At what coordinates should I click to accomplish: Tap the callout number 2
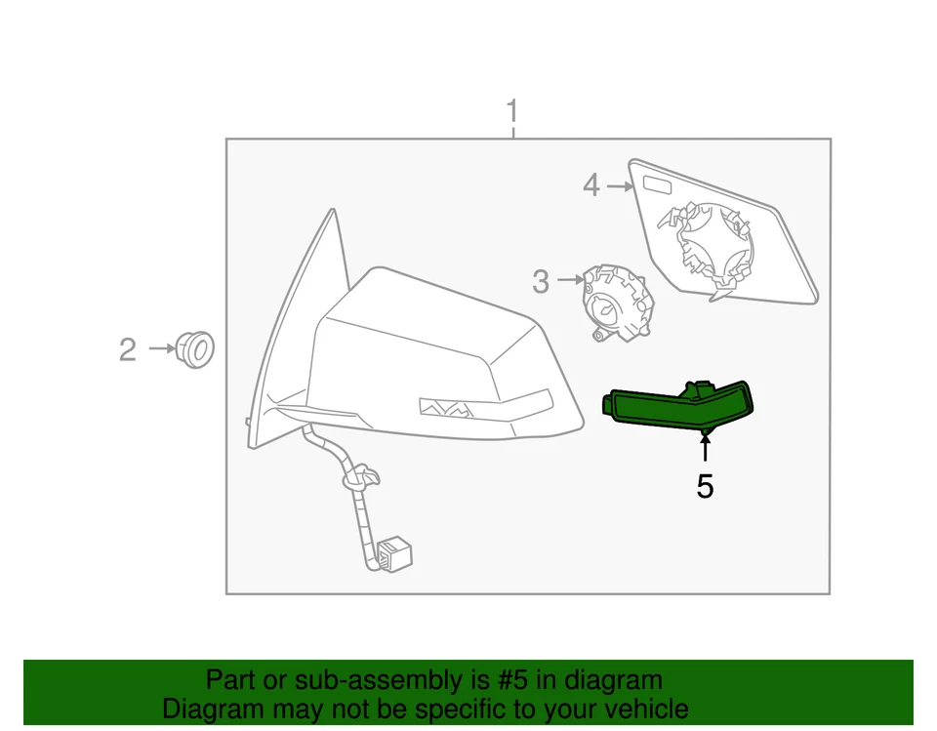(x=128, y=348)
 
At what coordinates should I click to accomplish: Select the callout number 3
(x=541, y=282)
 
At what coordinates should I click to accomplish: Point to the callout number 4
(x=591, y=184)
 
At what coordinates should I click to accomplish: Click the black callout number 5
(x=705, y=486)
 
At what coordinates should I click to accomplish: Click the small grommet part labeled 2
(x=195, y=348)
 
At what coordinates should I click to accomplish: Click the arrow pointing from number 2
(x=160, y=347)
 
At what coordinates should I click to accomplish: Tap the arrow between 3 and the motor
(x=568, y=282)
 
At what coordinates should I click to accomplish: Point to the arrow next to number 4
(x=619, y=184)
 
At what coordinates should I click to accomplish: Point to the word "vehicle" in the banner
(x=641, y=709)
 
